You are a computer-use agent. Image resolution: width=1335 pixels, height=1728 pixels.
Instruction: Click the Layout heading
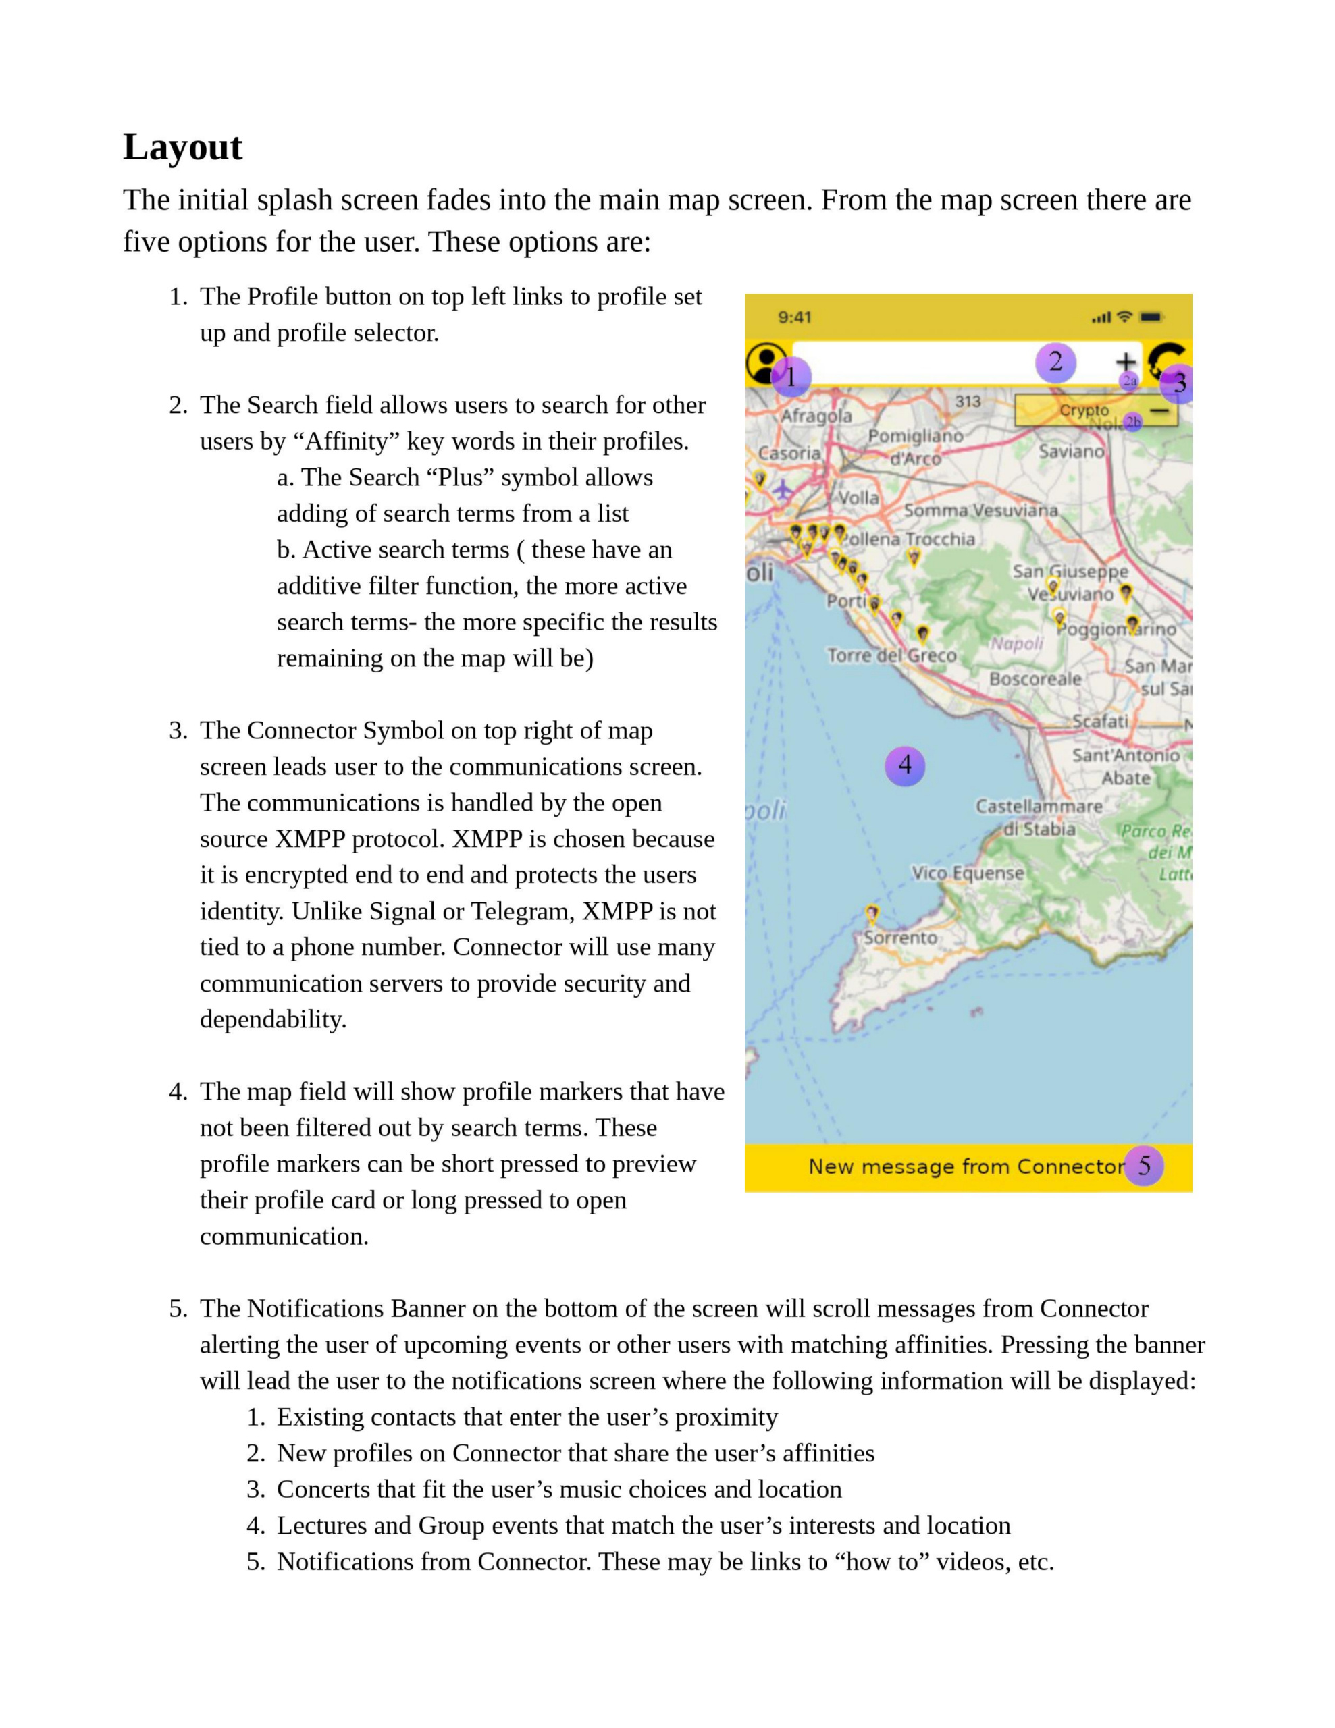point(182,147)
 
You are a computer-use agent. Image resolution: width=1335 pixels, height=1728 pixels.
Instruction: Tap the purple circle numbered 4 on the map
point(904,765)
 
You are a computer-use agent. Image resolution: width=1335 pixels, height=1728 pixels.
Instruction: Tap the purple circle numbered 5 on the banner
point(1143,1166)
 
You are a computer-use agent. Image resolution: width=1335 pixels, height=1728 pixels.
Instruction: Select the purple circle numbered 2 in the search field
point(1055,362)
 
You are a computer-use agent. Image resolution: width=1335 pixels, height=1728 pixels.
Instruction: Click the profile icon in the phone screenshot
point(764,362)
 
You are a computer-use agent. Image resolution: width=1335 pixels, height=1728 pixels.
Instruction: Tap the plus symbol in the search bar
point(1124,362)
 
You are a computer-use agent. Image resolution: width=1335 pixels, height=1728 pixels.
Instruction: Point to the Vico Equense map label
point(967,873)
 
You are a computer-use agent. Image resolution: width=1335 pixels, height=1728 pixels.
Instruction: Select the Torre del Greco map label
point(891,655)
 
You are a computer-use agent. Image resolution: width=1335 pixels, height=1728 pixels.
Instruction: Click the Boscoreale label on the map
point(1035,679)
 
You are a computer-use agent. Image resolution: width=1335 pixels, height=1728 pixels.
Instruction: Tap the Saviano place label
point(1071,451)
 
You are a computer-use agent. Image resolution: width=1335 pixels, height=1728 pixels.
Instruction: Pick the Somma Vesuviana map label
point(980,510)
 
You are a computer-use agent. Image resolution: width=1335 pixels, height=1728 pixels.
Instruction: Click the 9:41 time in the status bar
point(793,317)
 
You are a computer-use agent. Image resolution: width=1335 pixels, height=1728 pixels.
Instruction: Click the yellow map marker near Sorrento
point(871,914)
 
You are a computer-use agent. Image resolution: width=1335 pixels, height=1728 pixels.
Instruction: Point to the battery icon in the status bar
point(1151,317)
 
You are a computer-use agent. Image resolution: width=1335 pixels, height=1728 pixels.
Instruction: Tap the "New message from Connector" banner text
point(966,1166)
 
